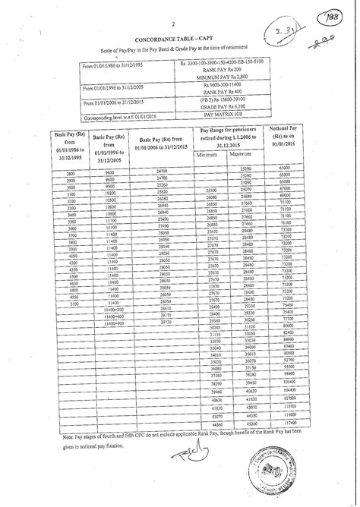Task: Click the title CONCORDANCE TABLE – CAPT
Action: (180, 37)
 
